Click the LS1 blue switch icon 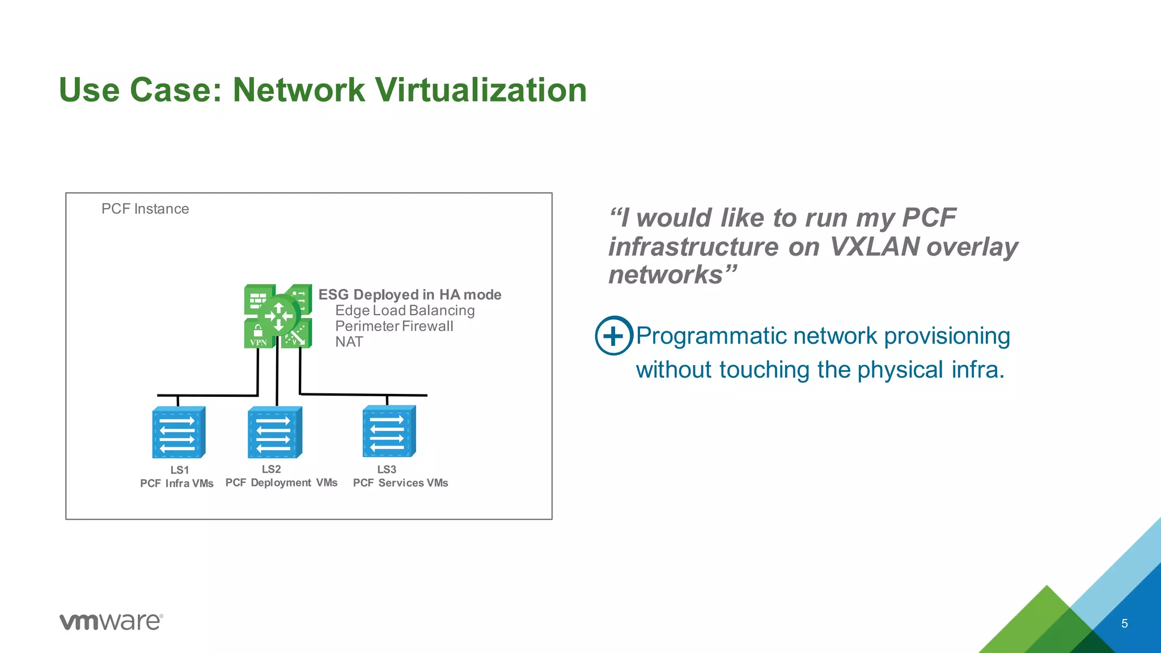pyautogui.click(x=179, y=432)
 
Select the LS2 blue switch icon pyautogui.click(x=274, y=432)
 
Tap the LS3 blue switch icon pyautogui.click(x=389, y=431)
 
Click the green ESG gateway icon pyautogui.click(x=278, y=316)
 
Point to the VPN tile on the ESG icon pyautogui.click(x=259, y=335)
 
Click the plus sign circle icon pyautogui.click(x=613, y=336)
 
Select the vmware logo pyautogui.click(x=111, y=621)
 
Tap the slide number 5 pyautogui.click(x=1124, y=624)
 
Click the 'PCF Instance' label pyautogui.click(x=145, y=209)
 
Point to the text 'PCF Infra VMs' pyautogui.click(x=177, y=484)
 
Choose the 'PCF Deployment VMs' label pyautogui.click(x=281, y=483)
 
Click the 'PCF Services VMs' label pyautogui.click(x=400, y=483)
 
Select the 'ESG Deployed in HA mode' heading pyautogui.click(x=409, y=295)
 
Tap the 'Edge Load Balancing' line pyautogui.click(x=405, y=311)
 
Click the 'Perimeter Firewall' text pyautogui.click(x=394, y=326)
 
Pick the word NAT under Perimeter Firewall pyautogui.click(x=349, y=342)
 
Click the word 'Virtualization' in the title pyautogui.click(x=481, y=90)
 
